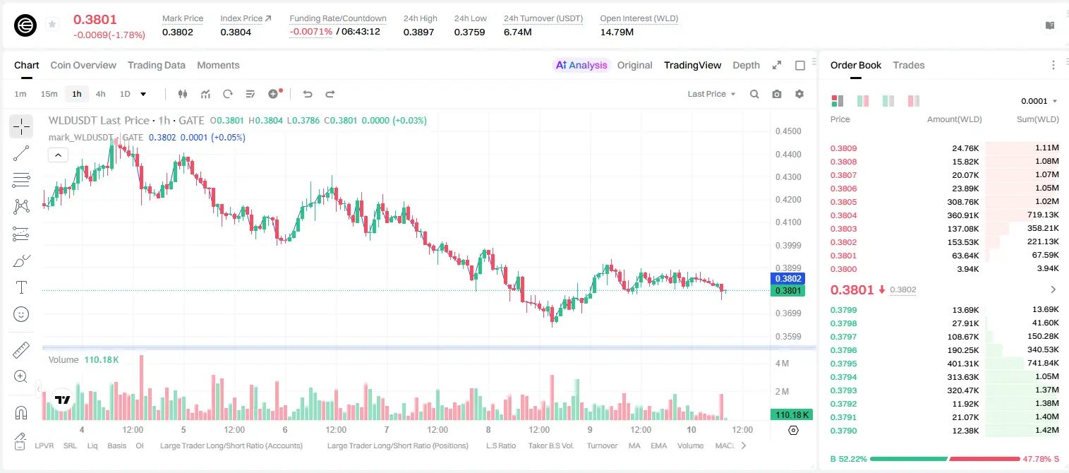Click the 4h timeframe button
[x=100, y=94]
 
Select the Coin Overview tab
[x=83, y=65]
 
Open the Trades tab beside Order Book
[x=909, y=65]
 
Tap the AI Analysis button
[x=581, y=65]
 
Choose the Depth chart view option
[x=746, y=65]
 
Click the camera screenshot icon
[x=777, y=94]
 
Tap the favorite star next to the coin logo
[x=52, y=24]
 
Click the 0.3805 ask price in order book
[x=843, y=202]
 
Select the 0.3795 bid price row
[x=843, y=364]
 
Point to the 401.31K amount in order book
[x=963, y=364]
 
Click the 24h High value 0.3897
[x=418, y=32]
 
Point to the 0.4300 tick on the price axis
[x=788, y=177]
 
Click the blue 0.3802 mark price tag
[x=788, y=279]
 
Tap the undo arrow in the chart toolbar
[x=308, y=94]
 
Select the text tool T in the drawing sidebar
[x=21, y=287]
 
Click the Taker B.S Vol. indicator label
[x=550, y=445]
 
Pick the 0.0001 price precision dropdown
[x=1039, y=101]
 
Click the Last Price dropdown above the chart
[x=711, y=94]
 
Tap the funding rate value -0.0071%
[x=310, y=32]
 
